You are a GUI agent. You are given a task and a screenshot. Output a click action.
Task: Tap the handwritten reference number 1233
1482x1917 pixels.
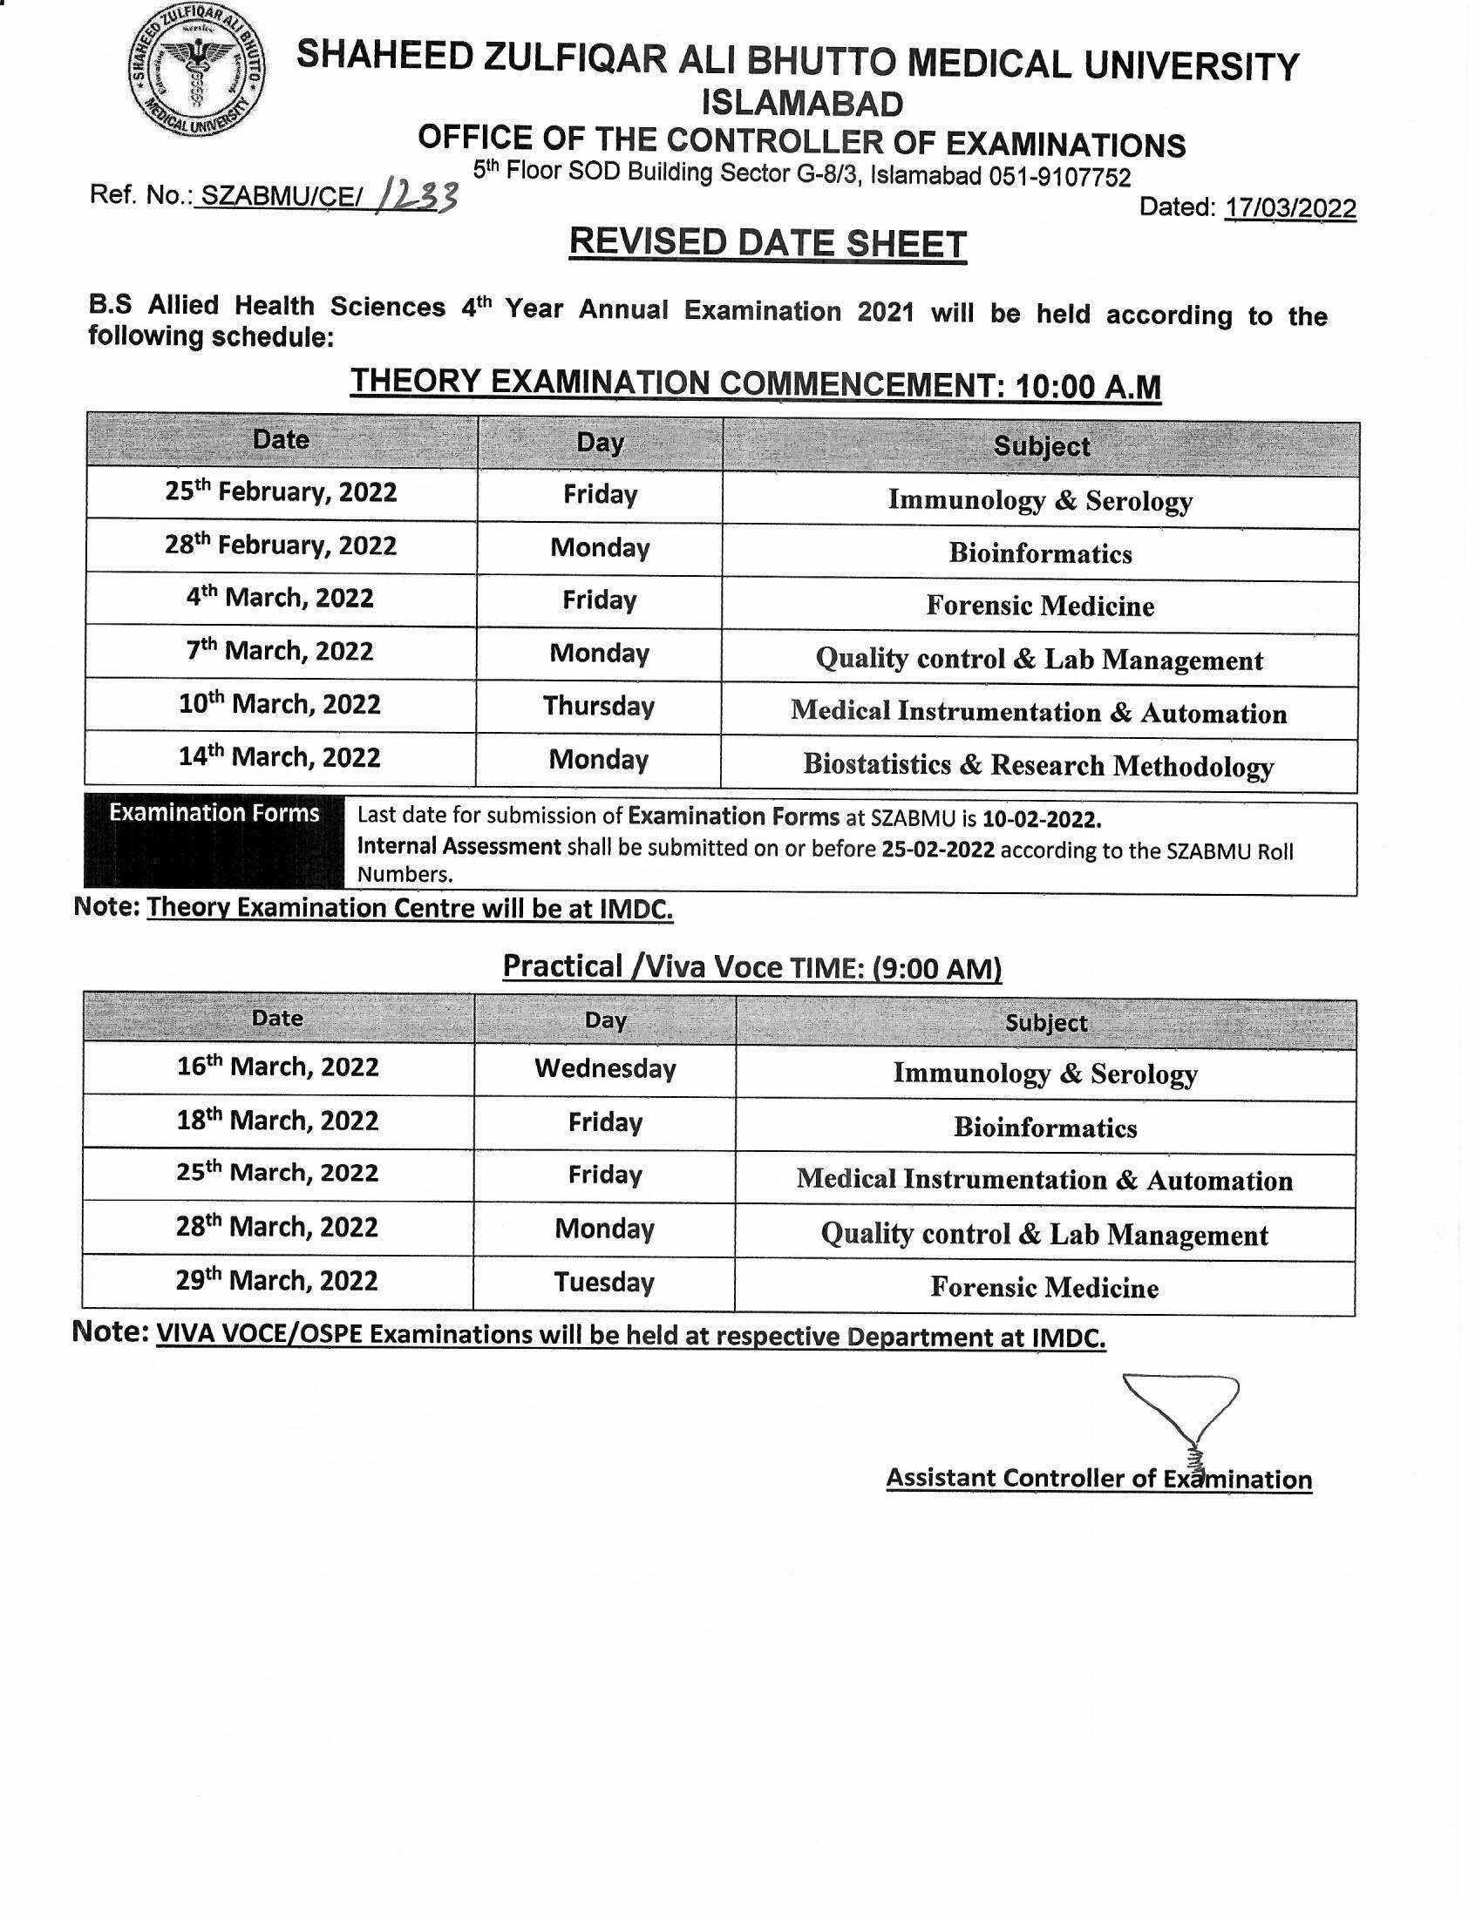[x=416, y=197]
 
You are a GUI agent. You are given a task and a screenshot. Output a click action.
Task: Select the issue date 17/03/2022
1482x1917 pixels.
[x=1289, y=208]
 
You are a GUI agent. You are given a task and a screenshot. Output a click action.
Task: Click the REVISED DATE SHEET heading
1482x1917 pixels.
[x=767, y=243]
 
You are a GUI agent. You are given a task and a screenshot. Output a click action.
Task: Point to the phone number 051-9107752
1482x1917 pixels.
[x=1060, y=177]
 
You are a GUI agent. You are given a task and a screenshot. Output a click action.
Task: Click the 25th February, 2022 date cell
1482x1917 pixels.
[x=281, y=491]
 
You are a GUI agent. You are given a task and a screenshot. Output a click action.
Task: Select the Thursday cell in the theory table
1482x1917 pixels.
[x=599, y=707]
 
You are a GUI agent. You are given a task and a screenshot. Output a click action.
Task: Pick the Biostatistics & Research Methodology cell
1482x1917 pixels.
[x=1038, y=765]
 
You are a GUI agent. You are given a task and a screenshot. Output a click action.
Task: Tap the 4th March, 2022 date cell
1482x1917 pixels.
[x=280, y=599]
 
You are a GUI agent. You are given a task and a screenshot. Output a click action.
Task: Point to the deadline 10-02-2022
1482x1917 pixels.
[x=1040, y=820]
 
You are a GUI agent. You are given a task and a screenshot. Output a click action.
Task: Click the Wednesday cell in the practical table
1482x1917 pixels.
[x=605, y=1069]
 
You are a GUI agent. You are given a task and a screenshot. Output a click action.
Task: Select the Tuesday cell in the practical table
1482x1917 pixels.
[x=604, y=1284]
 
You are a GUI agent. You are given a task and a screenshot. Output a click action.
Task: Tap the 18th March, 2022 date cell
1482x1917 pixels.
[x=277, y=1121]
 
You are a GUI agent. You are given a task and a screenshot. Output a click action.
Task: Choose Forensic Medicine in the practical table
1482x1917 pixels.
[x=1044, y=1288]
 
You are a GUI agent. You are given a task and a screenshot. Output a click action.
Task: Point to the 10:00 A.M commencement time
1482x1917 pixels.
[x=1087, y=386]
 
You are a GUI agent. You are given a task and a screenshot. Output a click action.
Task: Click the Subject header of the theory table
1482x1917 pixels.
[x=1041, y=447]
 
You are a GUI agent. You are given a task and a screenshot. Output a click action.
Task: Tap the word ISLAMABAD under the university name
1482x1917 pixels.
[x=801, y=105]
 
